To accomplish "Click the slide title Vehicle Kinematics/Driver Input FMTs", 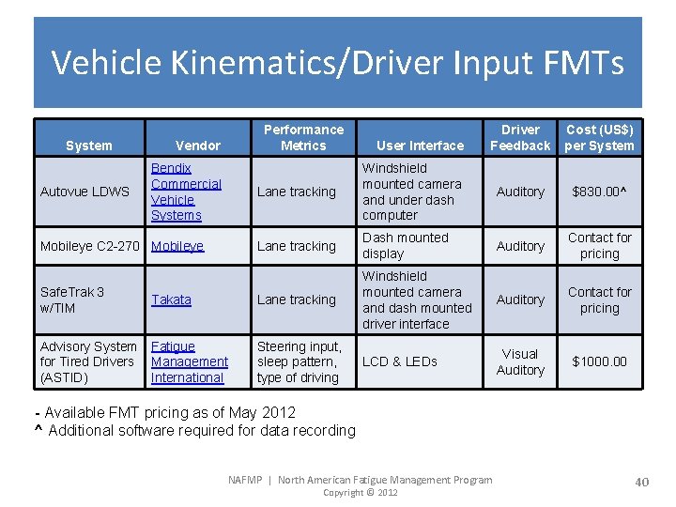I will tap(337, 62).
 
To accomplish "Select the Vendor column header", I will tap(198, 146).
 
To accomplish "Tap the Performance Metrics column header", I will tap(303, 137).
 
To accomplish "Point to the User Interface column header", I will tap(420, 146).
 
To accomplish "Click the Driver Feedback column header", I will tap(520, 137).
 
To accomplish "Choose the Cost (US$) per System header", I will tap(599, 137).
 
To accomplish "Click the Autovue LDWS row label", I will tap(84, 192).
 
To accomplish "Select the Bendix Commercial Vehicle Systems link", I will tap(186, 192).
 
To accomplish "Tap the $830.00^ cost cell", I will tap(599, 192).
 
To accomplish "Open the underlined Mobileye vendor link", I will tap(177, 246).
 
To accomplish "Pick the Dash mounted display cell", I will tap(406, 246).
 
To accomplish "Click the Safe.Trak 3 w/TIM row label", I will tap(72, 300).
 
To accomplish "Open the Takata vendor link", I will tap(171, 300).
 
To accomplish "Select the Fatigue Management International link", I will tap(189, 361).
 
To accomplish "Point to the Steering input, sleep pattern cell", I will tap(299, 361).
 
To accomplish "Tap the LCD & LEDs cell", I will tap(402, 361).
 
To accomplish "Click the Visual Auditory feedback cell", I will tap(520, 361).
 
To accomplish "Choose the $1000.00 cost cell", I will tap(599, 361).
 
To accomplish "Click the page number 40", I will tap(641, 482).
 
